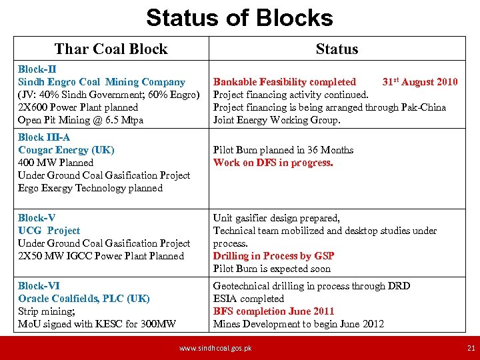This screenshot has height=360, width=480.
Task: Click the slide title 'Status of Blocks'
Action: coord(239,17)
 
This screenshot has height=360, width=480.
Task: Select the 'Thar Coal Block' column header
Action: coord(111,49)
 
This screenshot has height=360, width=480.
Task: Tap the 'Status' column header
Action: coord(337,49)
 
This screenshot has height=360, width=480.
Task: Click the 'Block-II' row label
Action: coord(37,69)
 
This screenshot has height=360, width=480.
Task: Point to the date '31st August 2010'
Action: coord(420,82)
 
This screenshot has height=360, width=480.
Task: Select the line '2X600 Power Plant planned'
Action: coord(78,107)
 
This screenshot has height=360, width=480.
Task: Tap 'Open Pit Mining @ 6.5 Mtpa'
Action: coord(81,120)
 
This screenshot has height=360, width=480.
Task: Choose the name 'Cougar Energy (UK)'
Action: coord(66,150)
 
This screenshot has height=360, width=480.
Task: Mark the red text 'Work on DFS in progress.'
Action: coord(273,163)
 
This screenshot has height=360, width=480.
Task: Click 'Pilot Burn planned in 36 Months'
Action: coord(283,150)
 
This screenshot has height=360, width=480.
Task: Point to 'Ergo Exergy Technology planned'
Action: coord(90,188)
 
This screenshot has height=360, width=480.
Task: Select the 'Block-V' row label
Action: coord(37,218)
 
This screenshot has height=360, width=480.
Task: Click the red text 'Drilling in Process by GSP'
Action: coord(273,256)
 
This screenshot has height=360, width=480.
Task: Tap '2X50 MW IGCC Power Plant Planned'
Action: coord(101,256)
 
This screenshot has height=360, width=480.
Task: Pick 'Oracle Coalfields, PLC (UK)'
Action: coord(84,299)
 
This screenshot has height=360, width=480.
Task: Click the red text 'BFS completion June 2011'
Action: coord(273,311)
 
